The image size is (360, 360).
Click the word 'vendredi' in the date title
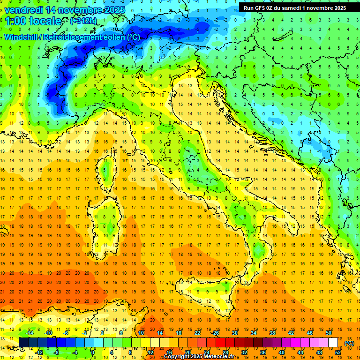coord(23,9)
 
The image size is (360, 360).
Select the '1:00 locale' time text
coord(34,21)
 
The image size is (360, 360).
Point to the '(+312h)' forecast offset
coord(84,21)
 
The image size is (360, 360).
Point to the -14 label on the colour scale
coord(29,333)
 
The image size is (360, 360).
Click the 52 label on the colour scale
coord(338,352)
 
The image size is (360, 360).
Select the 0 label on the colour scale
coord(93,352)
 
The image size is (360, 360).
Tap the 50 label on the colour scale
coord(328,333)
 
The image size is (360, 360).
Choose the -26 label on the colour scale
coord(215,333)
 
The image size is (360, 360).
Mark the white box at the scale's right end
coord(333,342)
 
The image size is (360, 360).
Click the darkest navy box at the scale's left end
coord(23,342)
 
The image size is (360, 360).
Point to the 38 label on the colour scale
coord(272,333)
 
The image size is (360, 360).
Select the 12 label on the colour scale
coord(150,352)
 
